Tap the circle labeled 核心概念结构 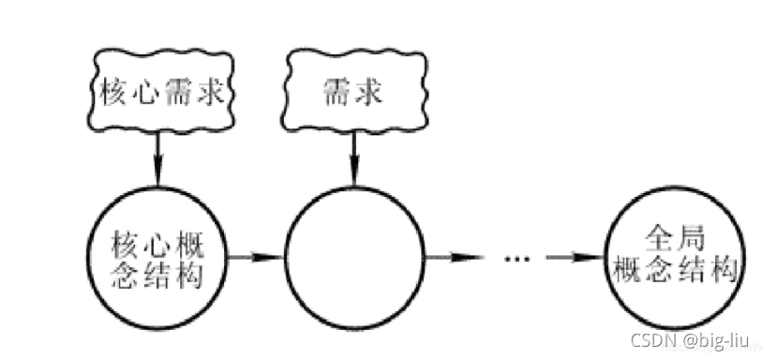point(157,254)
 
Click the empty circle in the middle point(354,254)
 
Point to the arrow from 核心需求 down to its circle point(157,156)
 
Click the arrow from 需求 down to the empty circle point(354,156)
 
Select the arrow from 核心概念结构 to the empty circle point(253,255)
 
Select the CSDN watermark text point(650,339)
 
